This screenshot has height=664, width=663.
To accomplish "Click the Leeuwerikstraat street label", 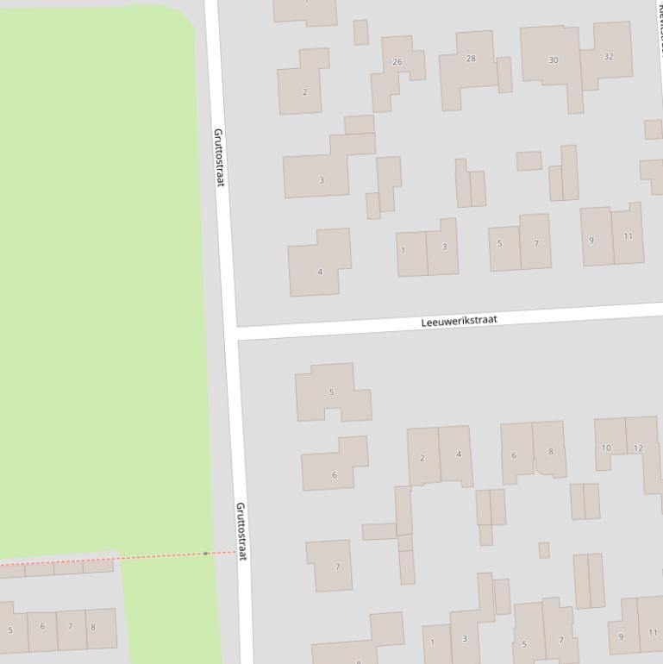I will click(x=459, y=321).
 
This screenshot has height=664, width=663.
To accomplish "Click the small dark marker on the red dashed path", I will click(x=205, y=553).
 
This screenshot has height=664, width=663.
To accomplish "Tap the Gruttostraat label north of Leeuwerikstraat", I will click(x=218, y=158).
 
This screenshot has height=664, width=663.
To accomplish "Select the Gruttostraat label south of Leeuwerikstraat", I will click(x=241, y=531).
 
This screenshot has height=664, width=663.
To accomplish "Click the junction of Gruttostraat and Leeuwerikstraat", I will click(x=230, y=334).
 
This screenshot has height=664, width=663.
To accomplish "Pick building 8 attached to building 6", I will click(x=550, y=450).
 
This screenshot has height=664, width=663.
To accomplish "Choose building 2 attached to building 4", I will click(x=422, y=457).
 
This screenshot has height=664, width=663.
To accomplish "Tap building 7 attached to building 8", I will click(x=69, y=627).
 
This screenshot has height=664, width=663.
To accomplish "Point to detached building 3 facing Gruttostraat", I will click(x=321, y=179).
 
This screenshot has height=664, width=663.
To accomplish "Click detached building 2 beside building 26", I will click(x=304, y=91).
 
